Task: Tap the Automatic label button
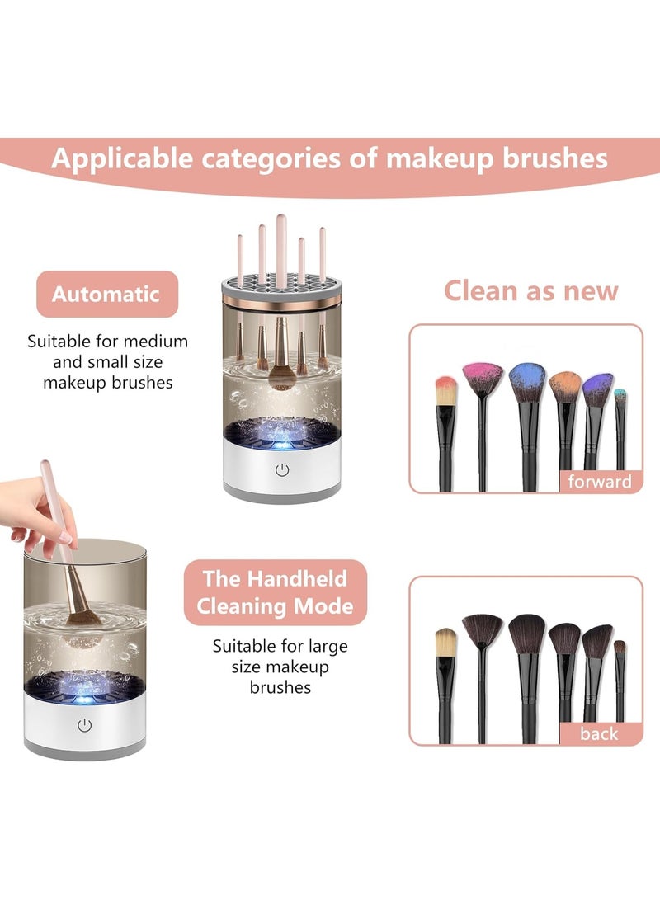pyautogui.click(x=106, y=294)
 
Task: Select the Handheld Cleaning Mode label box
pyautogui.click(x=275, y=592)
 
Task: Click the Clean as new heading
pyautogui.click(x=530, y=290)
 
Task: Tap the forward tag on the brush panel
pyautogui.click(x=600, y=482)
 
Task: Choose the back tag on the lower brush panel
pyautogui.click(x=599, y=733)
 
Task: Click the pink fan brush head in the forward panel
pyautogui.click(x=483, y=379)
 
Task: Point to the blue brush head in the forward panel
pyautogui.click(x=527, y=381)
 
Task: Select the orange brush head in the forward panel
pyautogui.click(x=565, y=386)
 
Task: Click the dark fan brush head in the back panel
pyautogui.click(x=483, y=630)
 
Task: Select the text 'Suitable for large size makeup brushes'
pyautogui.click(x=280, y=666)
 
